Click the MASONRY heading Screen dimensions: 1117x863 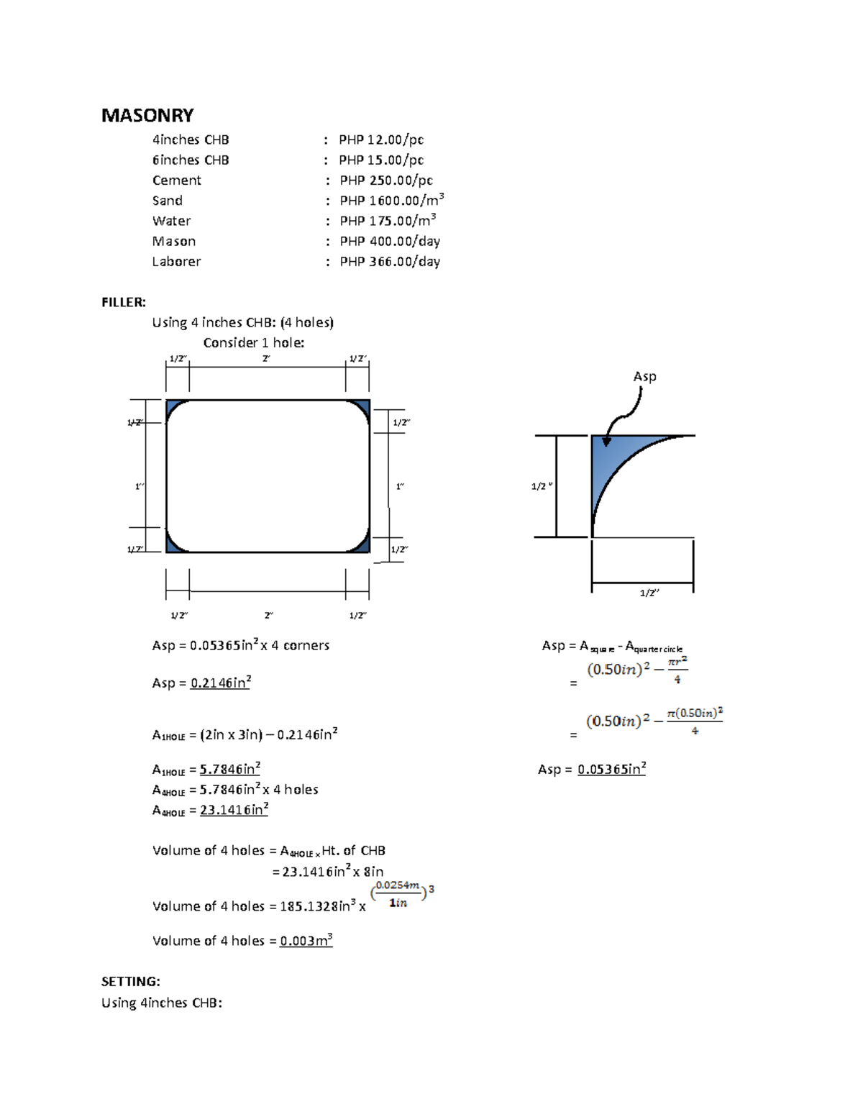[147, 115]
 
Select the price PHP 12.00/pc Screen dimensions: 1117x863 [381, 140]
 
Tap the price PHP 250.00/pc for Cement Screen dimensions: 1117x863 [386, 181]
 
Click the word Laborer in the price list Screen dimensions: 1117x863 [176, 262]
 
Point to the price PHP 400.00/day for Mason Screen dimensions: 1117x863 [390, 242]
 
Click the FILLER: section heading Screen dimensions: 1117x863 [124, 302]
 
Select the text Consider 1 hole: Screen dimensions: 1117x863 [253, 343]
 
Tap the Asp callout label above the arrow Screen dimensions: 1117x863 [644, 376]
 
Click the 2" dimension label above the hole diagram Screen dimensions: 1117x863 [266, 358]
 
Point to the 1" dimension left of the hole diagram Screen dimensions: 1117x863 [140, 487]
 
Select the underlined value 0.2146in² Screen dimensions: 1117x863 [220, 683]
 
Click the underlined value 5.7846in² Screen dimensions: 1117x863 [229, 769]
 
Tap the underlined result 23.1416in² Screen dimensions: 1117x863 [234, 810]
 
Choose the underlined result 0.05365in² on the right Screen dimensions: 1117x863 [611, 769]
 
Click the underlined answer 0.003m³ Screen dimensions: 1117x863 [306, 941]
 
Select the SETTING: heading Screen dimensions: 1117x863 [130, 982]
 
